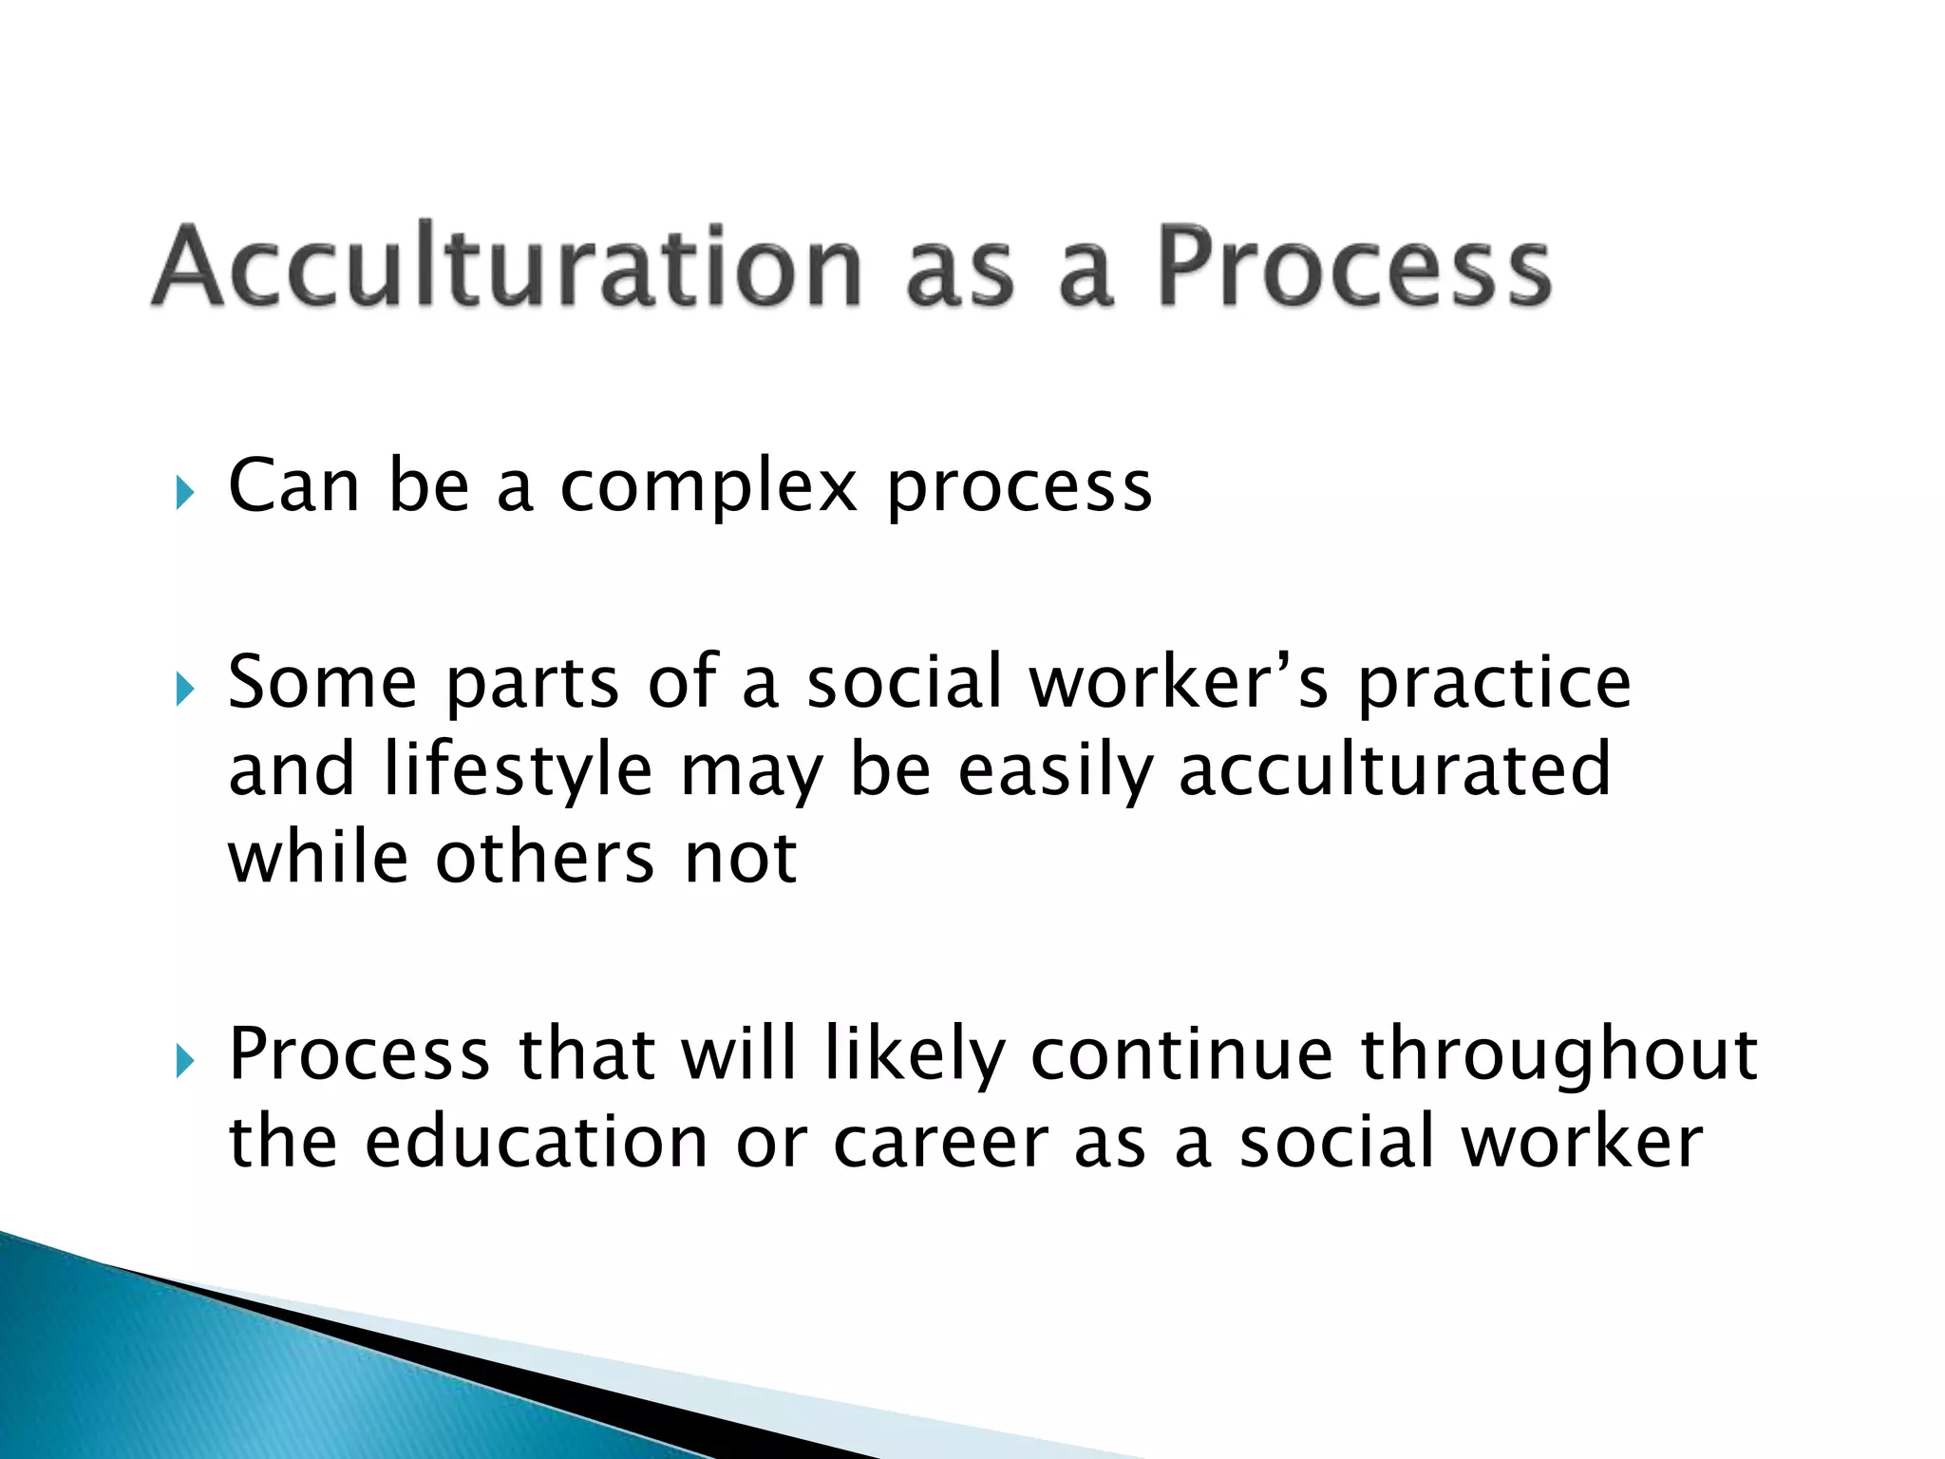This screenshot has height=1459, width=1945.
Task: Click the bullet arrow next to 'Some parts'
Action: click(x=184, y=689)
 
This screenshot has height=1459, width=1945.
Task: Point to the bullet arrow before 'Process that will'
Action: click(x=184, y=1061)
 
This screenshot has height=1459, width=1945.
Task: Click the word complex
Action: click(x=708, y=487)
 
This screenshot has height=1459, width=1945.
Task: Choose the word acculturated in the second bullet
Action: click(x=1394, y=769)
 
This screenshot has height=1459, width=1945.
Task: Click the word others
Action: click(x=545, y=858)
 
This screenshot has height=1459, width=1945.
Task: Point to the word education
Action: click(x=536, y=1142)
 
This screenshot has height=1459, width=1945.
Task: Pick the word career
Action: click(x=940, y=1144)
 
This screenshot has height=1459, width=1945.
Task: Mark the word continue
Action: click(x=1181, y=1054)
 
